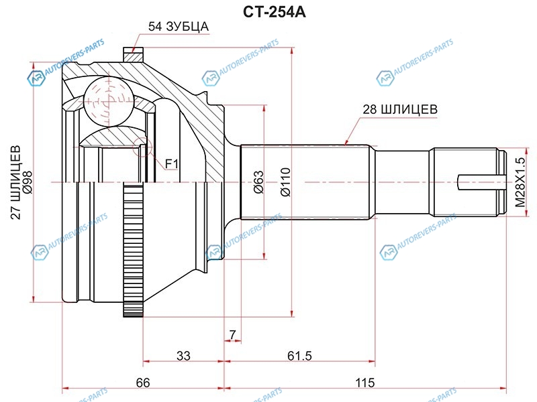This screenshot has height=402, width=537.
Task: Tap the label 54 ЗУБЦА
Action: [x=179, y=27]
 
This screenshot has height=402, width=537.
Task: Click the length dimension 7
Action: [x=232, y=334]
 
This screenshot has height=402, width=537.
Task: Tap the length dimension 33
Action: [x=183, y=356]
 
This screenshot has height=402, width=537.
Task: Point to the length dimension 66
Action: [x=142, y=383]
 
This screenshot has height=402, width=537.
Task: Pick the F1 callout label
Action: [x=171, y=163]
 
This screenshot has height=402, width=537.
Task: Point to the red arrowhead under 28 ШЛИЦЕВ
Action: [x=345, y=142]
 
